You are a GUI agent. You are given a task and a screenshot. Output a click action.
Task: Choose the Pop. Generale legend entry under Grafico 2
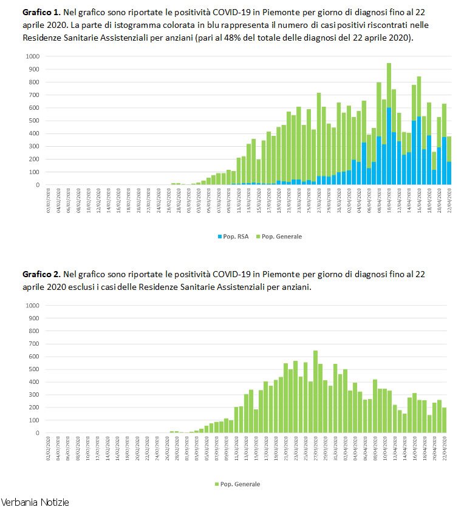pyautogui.click(x=238, y=484)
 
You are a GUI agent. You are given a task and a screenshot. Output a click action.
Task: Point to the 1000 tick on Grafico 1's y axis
pyautogui.click(x=32, y=56)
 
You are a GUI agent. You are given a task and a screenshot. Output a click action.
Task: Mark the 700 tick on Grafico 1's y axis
pyautogui.click(x=33, y=95)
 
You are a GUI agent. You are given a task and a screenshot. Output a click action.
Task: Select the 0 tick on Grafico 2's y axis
pyautogui.click(x=37, y=433)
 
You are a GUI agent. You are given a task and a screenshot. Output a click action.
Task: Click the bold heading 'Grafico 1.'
pyautogui.click(x=41, y=12)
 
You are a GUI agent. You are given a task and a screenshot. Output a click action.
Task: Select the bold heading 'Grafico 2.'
pyautogui.click(x=41, y=274)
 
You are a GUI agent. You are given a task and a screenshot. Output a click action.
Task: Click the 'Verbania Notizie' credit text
pyautogui.click(x=35, y=502)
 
